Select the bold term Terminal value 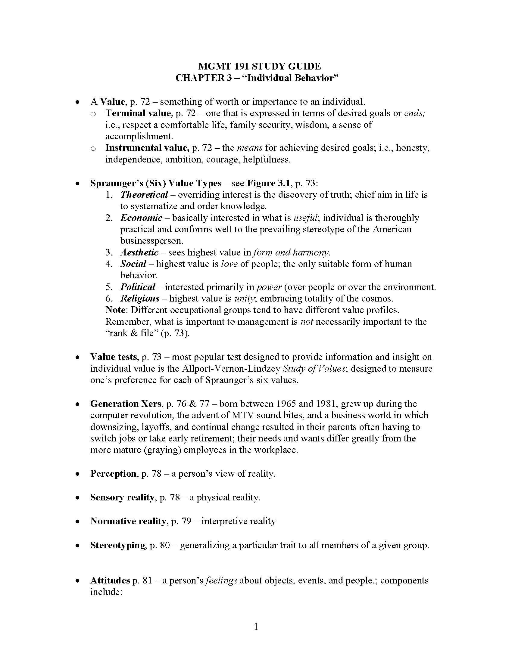click(138, 113)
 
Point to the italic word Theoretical click(144, 194)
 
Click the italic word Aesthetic click(139, 252)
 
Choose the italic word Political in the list click(138, 287)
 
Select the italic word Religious click(140, 298)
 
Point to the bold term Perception click(113, 473)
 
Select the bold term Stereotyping click(118, 545)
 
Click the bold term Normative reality click(128, 521)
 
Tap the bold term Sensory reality click(122, 497)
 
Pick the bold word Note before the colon click(115, 310)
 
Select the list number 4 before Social click(109, 264)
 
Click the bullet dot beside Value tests click(78, 357)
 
